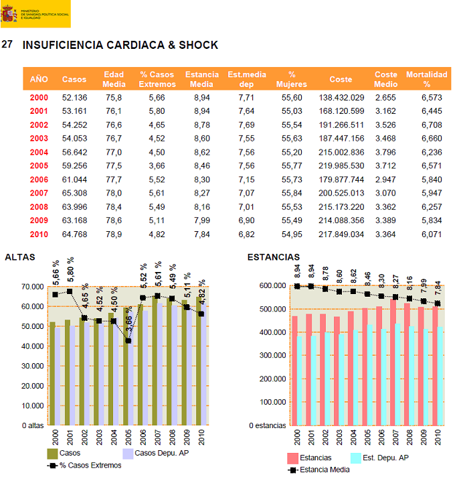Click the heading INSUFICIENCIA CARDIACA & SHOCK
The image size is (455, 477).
120,45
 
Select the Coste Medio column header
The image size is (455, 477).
386,79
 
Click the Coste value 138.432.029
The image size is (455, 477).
346,98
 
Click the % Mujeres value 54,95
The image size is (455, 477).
292,234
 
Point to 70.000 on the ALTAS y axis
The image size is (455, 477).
32,287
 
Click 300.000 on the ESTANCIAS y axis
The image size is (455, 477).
272,355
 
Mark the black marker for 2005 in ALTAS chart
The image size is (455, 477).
128,341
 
